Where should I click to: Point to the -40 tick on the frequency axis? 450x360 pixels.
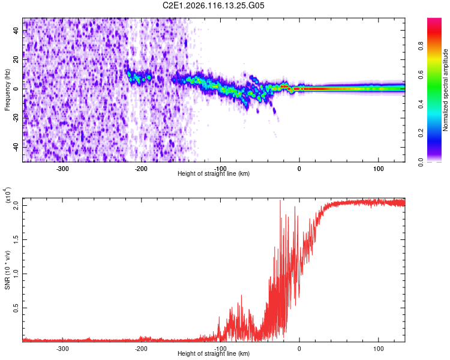(16, 147)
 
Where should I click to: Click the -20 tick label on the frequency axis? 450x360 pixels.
(16, 118)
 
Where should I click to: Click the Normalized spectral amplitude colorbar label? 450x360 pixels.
(446, 90)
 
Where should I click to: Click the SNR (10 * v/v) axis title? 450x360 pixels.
(7, 269)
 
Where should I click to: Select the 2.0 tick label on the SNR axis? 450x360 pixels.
(17, 205)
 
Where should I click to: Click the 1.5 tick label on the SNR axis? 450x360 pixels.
(17, 239)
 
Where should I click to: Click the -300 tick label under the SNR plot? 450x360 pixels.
(62, 348)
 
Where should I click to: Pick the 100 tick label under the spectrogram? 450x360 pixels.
(378, 168)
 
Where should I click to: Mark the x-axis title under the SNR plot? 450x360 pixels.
(214, 354)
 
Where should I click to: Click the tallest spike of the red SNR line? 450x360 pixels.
(280, 201)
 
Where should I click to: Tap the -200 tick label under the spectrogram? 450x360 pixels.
(141, 168)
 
